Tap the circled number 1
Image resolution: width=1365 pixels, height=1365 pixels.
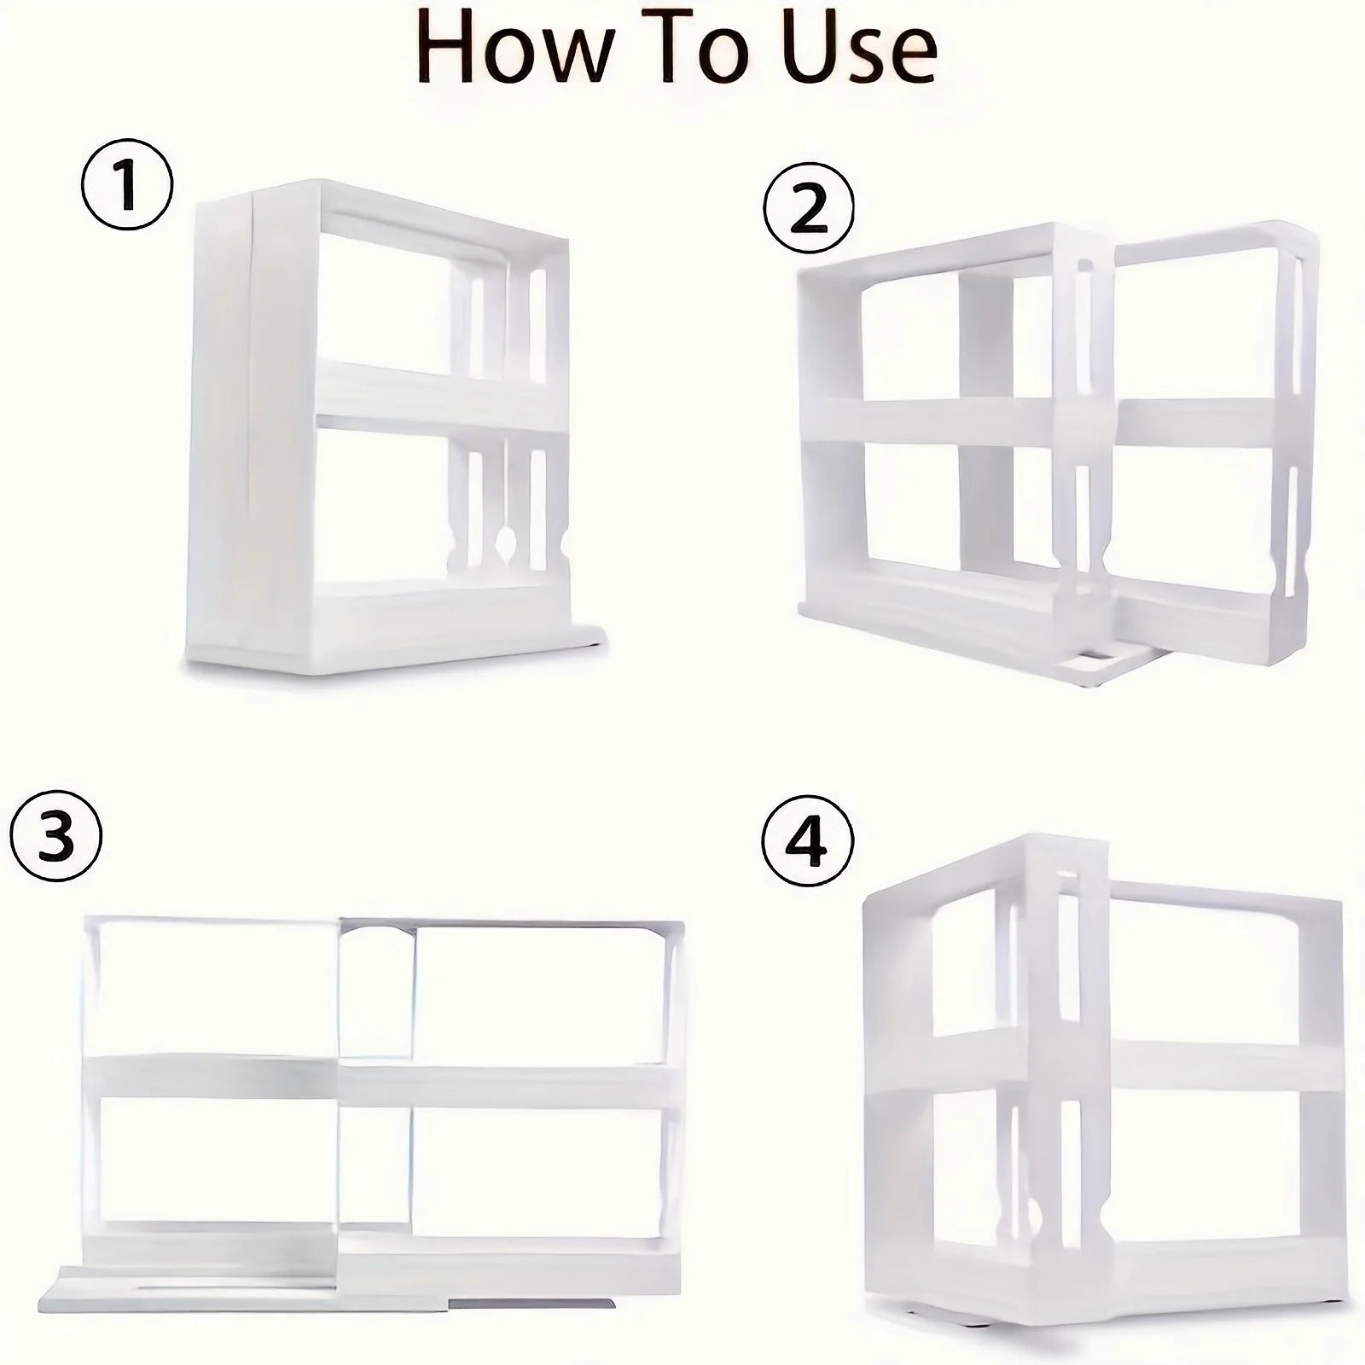click(127, 186)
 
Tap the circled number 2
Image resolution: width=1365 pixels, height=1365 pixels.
click(808, 210)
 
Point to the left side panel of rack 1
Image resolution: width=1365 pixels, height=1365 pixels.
click(220, 427)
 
